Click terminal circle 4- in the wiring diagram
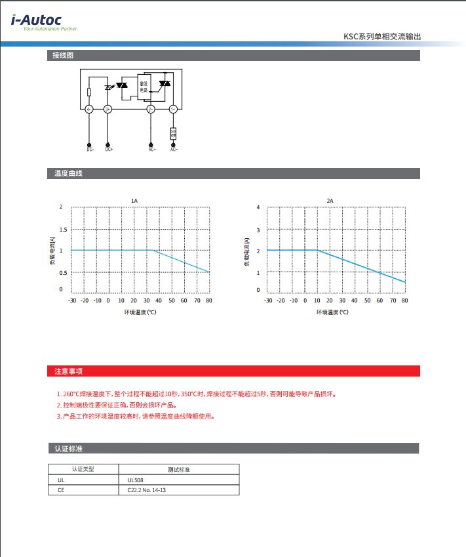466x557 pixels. (x=89, y=109)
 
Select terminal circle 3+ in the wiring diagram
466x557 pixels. (x=108, y=109)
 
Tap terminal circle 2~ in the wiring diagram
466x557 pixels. (x=151, y=109)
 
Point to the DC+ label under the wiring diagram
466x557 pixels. (x=109, y=150)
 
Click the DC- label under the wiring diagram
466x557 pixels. (x=90, y=150)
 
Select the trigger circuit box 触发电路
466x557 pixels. (x=144, y=85)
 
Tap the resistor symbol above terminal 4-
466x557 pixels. (x=89, y=93)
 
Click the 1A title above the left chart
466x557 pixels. (x=134, y=200)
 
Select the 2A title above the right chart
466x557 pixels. (x=330, y=200)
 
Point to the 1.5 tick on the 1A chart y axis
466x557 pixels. (x=63, y=229)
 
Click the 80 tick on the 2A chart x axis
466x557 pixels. (x=404, y=300)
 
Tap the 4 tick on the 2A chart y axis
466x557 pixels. (x=258, y=207)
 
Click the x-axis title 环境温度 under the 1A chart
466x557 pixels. (x=140, y=312)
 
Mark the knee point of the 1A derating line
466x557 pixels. (x=153, y=250)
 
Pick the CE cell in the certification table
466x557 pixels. (x=62, y=490)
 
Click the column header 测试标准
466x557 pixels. (x=178, y=470)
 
